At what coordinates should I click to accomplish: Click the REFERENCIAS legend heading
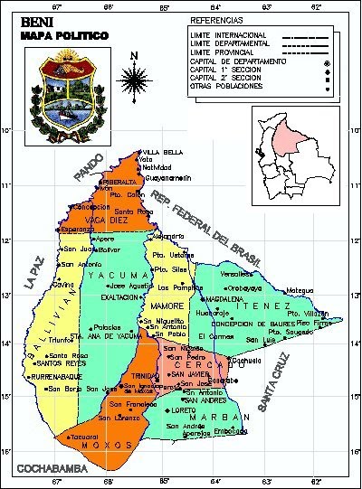tap(216, 19)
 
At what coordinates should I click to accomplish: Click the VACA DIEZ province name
tap(107, 220)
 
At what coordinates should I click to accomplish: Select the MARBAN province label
tap(220, 417)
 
